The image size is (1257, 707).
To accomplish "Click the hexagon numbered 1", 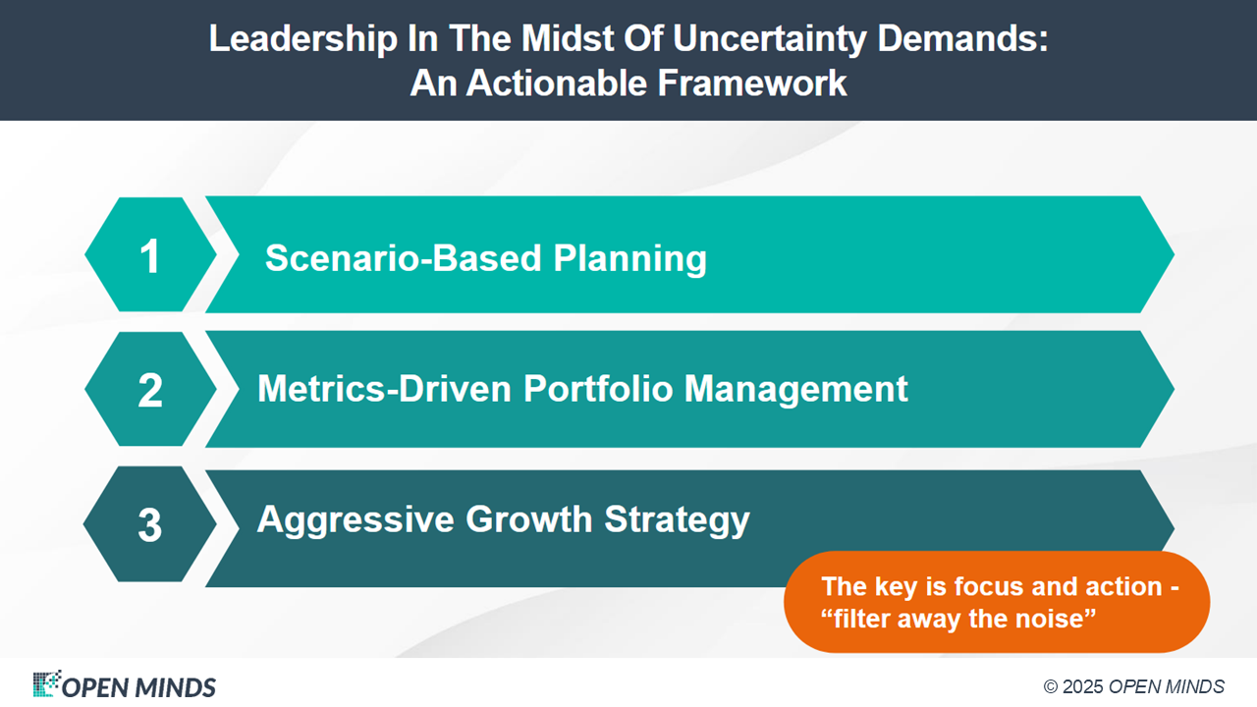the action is click(150, 254).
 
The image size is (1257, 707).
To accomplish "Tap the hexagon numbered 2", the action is click(150, 389).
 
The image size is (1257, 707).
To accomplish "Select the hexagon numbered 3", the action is click(150, 524).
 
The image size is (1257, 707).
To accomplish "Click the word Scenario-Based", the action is click(403, 257).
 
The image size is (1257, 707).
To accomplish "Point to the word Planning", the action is click(629, 259).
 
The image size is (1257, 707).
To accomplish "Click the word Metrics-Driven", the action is click(384, 388).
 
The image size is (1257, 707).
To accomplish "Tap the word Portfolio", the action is click(598, 388).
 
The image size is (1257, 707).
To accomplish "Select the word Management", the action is click(795, 388).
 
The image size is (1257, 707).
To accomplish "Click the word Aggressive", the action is click(355, 519).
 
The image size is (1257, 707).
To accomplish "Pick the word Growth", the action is click(528, 519).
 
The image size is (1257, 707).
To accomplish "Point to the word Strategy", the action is click(677, 520).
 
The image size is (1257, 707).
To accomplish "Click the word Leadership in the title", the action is click(303, 39).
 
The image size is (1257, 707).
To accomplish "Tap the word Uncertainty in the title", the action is click(769, 39).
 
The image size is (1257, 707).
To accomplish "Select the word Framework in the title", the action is click(752, 83).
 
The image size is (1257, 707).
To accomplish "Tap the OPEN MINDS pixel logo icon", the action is click(46, 683).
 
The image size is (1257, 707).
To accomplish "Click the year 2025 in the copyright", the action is click(1082, 686).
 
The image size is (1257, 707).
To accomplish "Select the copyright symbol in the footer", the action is click(1051, 686).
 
